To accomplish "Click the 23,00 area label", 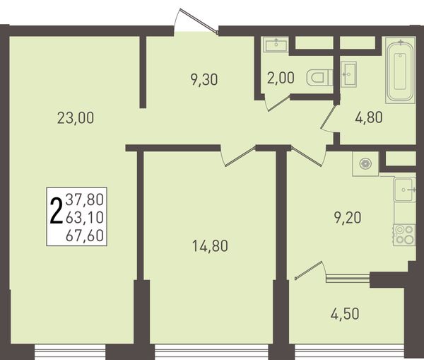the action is point(76,118).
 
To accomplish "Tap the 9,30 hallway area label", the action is point(204,80).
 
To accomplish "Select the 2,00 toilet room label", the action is point(281,79).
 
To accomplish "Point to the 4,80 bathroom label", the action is point(369,117).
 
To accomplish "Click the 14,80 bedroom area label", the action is point(210,246).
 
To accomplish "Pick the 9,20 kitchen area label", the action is point(348,218).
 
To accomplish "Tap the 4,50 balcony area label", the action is point(345,314).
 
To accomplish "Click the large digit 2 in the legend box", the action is point(57,211).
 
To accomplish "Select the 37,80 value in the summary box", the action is point(85,199).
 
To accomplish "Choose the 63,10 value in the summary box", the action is point(85,217).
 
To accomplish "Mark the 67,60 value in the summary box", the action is point(85,236).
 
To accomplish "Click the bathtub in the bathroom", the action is point(400,71).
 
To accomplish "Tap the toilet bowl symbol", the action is point(320,77).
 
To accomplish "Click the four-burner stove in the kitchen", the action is point(404,235).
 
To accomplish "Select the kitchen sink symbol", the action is point(405,190).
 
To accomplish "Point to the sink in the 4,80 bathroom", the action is point(348,74).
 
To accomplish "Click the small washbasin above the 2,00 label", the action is point(276,44).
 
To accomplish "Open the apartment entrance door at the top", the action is point(199,21).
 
